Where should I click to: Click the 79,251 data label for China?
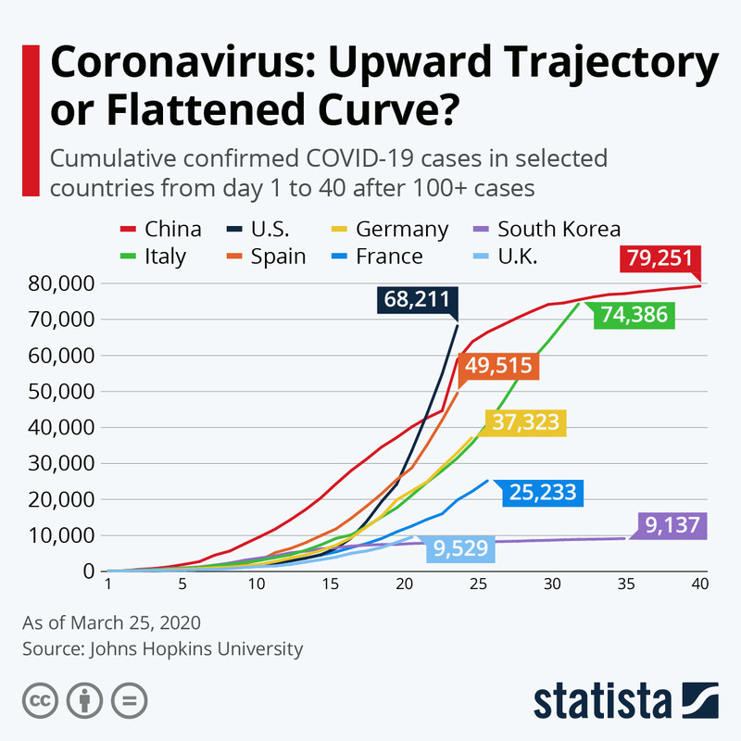[x=660, y=258]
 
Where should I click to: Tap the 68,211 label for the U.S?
[x=418, y=300]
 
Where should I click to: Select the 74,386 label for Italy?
[x=634, y=316]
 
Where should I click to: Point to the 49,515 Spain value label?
[x=500, y=366]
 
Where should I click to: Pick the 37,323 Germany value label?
[x=524, y=423]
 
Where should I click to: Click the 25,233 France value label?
[x=544, y=493]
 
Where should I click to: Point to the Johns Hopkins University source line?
[x=163, y=649]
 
